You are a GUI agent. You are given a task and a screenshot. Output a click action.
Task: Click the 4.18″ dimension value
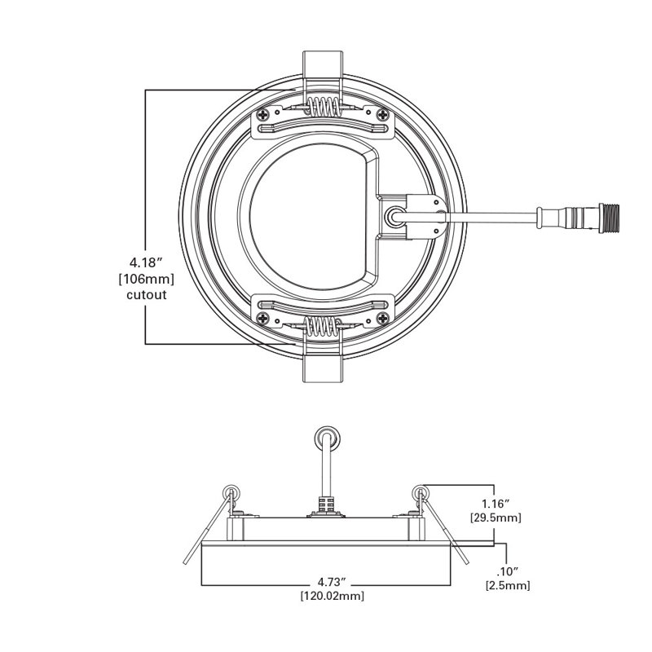tap(145, 262)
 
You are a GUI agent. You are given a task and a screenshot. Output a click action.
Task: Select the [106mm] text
tap(147, 279)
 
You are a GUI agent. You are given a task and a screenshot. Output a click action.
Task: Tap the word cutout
tap(147, 295)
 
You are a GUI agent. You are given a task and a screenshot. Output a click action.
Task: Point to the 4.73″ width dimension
tap(331, 580)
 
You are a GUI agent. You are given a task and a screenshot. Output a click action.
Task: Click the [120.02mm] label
tap(333, 596)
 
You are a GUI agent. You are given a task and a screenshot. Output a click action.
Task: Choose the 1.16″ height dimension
tap(496, 504)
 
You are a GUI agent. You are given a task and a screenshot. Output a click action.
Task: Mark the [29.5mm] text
tap(496, 518)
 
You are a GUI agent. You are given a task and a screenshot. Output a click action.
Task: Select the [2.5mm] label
tap(508, 585)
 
